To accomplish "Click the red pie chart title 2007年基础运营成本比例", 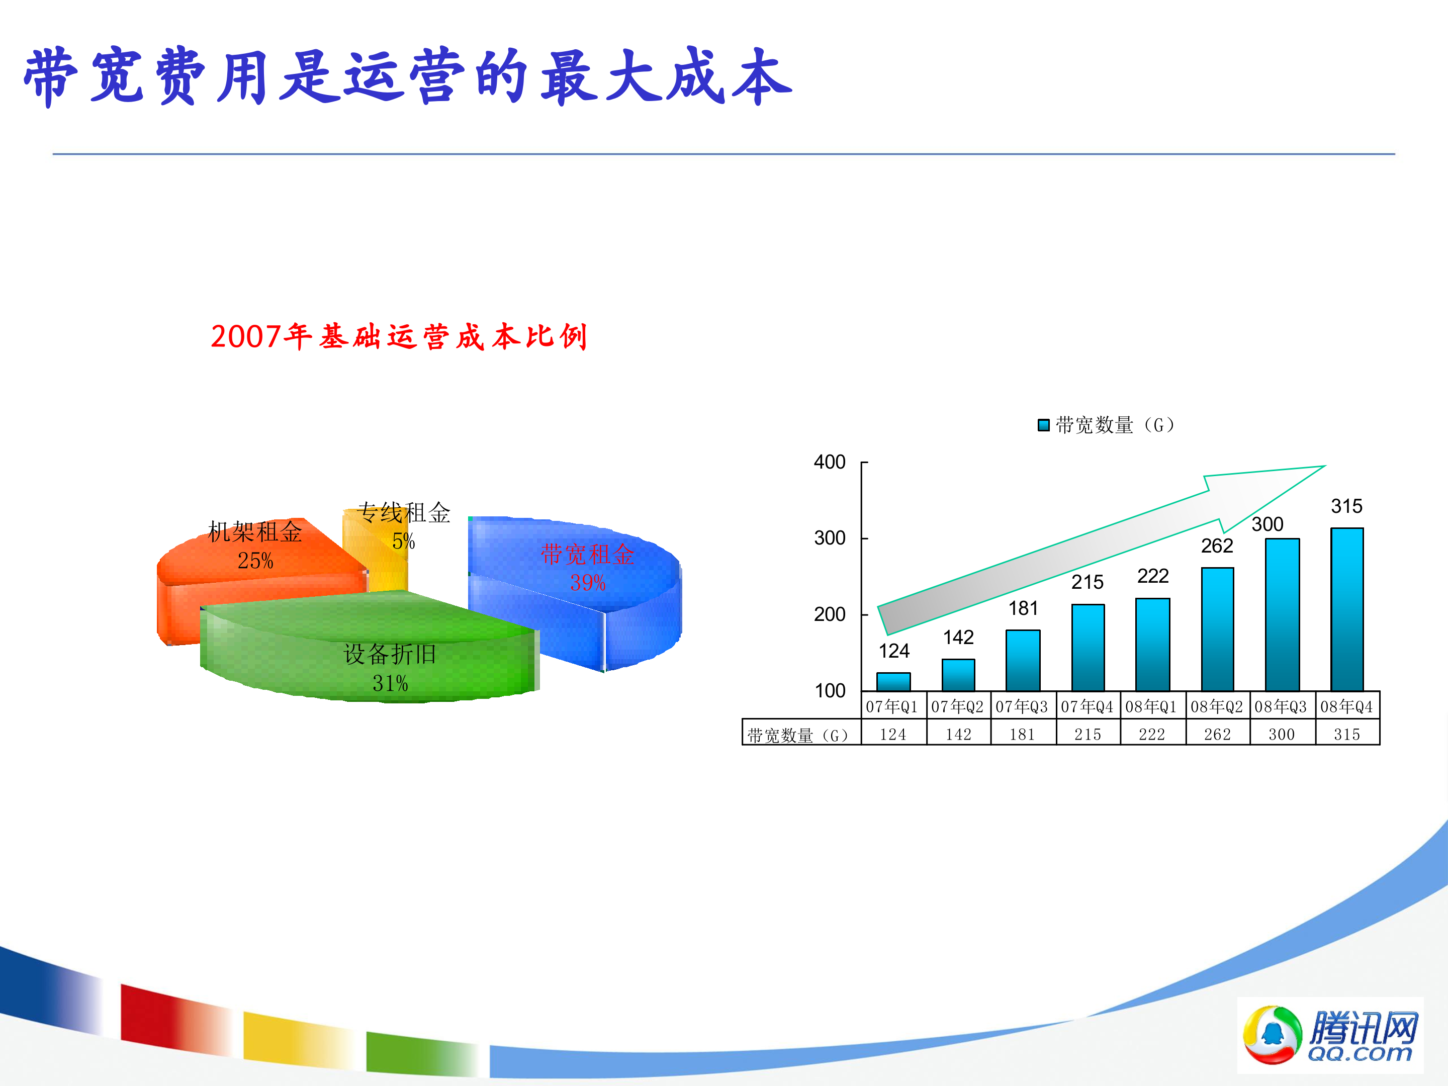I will click(x=399, y=336).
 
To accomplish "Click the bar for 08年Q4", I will click(x=1347, y=609).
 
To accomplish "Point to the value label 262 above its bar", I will click(x=1217, y=546).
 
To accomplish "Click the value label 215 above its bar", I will click(x=1088, y=582).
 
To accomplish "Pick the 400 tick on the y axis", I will click(x=830, y=462).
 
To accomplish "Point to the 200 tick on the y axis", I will click(x=830, y=615).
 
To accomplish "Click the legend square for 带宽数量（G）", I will click(x=1043, y=425).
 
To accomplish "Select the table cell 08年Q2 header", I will click(x=1217, y=706).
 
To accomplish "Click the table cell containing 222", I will click(x=1152, y=735).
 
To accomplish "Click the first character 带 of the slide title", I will click(x=51, y=76).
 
